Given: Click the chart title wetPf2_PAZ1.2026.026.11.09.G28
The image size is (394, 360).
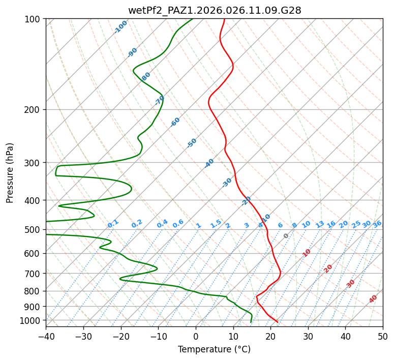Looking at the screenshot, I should click(215, 10).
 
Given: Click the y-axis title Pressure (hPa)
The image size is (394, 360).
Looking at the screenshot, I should click(10, 173).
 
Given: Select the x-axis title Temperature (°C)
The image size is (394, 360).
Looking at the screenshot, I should click(214, 349).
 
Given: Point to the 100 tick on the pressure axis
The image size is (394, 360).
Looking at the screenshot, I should click(34, 19).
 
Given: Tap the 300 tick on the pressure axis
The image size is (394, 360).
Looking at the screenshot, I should click(34, 163).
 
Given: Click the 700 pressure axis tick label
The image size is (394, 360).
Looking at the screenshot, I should click(34, 274).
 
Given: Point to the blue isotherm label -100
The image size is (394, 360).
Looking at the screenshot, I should click(120, 27).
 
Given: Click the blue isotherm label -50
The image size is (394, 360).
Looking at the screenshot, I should click(192, 143).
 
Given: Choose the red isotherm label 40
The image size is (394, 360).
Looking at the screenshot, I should click(373, 299).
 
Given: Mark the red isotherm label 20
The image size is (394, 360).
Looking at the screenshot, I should click(328, 268).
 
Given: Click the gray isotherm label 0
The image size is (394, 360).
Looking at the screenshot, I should click(286, 236).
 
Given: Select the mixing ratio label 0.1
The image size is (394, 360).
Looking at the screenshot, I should click(113, 223).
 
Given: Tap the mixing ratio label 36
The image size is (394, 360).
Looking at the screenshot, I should click(377, 224).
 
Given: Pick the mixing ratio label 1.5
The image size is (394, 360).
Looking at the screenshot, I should click(216, 223).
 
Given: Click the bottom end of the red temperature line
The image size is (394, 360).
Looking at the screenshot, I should click(278, 322).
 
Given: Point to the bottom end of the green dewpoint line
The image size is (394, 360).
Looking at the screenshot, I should click(251, 322).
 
